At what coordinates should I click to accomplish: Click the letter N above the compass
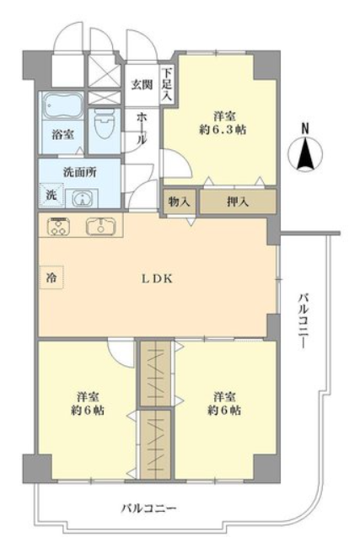pyautogui.click(x=305, y=128)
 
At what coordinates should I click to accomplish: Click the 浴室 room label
pyautogui.click(x=62, y=133)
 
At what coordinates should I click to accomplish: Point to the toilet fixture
pyautogui.click(x=105, y=125)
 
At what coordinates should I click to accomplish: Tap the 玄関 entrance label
pyautogui.click(x=140, y=84)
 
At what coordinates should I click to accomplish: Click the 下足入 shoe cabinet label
pyautogui.click(x=167, y=84)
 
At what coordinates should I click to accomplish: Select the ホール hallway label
pyautogui.click(x=142, y=126)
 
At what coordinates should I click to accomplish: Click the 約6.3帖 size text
pyautogui.click(x=219, y=131)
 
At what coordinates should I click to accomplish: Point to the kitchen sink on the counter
pyautogui.click(x=101, y=226)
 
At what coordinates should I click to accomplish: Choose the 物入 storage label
pyautogui.click(x=179, y=202)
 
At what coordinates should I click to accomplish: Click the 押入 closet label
pyautogui.click(x=238, y=202)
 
